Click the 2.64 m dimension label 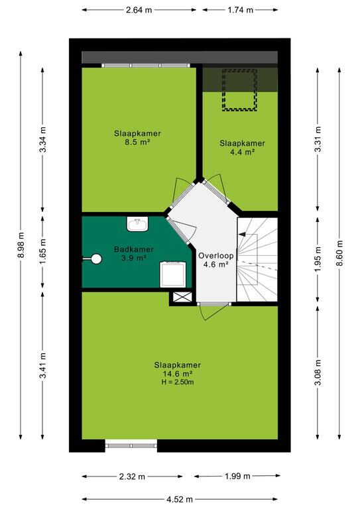tap(139, 10)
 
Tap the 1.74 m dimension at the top tap(240, 10)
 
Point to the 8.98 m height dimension tap(21, 245)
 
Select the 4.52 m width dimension tap(180, 499)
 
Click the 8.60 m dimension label tap(339, 253)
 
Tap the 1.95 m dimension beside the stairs tap(318, 259)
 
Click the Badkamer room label tap(134, 249)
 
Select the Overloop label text tap(216, 255)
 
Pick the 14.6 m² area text tap(178, 374)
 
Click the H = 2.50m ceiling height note tap(178, 382)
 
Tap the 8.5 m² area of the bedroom tap(137, 142)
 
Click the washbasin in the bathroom tap(137, 224)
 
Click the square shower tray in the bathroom tap(173, 274)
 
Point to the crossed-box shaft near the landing tap(182, 297)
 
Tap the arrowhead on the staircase tap(241, 234)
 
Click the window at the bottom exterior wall tap(131, 445)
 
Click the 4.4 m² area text tap(242, 152)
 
